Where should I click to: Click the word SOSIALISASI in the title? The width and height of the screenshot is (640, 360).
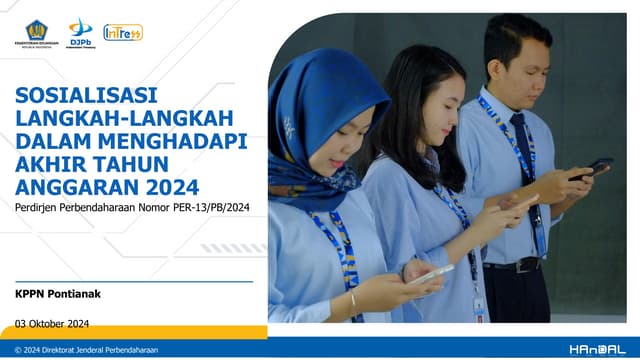coord(86,98)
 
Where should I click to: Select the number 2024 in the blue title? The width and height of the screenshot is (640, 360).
coord(170,186)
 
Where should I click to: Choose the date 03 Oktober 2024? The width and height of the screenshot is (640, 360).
coord(53,322)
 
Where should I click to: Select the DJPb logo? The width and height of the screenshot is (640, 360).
coord(81,32)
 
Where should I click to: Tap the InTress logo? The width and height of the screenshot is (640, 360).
coord(123,32)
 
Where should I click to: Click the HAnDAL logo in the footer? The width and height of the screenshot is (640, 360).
coord(597,350)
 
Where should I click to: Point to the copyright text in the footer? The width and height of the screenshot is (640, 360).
coord(87,350)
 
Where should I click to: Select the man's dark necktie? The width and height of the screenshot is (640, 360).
coord(526,160)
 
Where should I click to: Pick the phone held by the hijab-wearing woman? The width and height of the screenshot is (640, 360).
coord(431,273)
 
